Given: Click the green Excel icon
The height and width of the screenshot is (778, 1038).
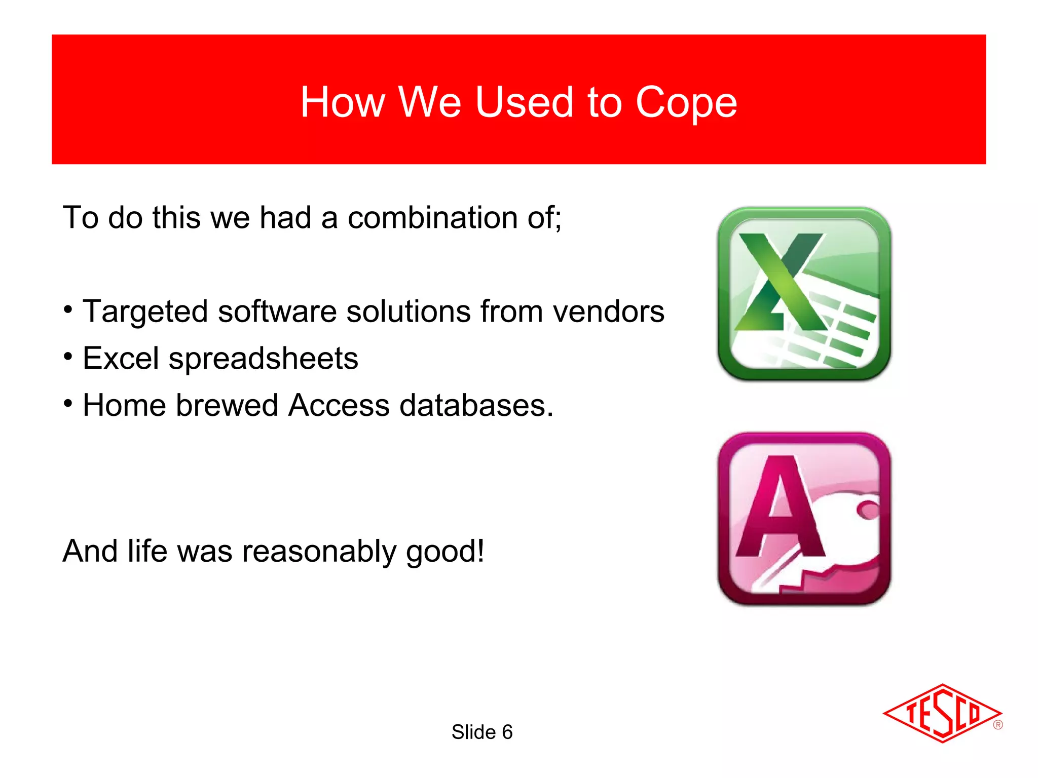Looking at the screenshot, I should [x=804, y=294].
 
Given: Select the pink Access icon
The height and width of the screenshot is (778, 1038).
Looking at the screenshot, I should [x=804, y=519].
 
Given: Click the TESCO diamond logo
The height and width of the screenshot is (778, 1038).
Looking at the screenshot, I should [x=942, y=713].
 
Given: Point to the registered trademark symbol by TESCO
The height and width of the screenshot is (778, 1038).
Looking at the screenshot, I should [x=998, y=725].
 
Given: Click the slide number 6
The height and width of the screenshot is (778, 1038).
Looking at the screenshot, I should [x=507, y=732].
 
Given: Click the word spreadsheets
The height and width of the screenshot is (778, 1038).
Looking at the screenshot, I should [x=263, y=359].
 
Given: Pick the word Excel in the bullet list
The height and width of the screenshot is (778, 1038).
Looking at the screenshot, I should [x=121, y=358].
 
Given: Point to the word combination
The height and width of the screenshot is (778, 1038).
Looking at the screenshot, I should [x=432, y=218].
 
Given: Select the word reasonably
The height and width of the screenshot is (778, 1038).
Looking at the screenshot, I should [x=319, y=551].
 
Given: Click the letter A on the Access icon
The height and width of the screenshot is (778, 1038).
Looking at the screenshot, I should [x=781, y=507].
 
